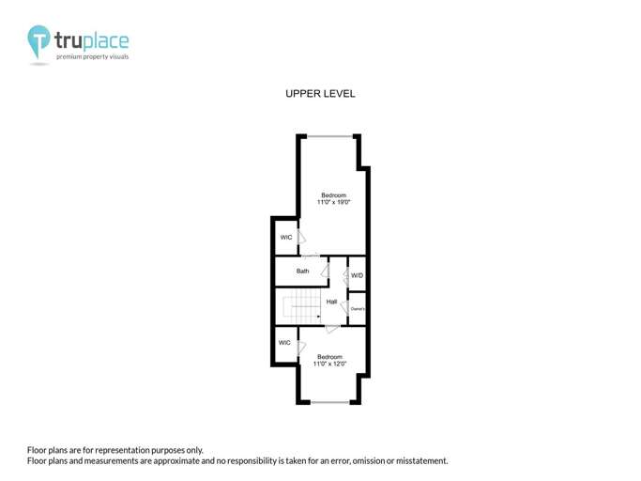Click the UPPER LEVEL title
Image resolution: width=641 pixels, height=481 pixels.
coord(320,94)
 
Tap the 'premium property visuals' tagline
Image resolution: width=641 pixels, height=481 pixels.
coord(92,56)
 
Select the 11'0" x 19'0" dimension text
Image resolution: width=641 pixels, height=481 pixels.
coord(333,202)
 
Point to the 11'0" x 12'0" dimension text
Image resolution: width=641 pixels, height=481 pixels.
coord(329,364)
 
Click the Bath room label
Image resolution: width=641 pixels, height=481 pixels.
coord(302,272)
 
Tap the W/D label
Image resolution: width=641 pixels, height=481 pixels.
coord(357,275)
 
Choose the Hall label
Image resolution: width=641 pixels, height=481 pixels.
coord(331,302)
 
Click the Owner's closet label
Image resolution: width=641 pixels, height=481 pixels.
coord(357,308)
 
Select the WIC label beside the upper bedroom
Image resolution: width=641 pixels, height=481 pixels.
coord(285,238)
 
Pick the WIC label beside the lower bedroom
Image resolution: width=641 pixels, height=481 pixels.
coord(284,343)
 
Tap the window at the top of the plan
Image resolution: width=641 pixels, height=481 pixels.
coord(329,136)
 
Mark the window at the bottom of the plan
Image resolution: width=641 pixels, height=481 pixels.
coord(329,402)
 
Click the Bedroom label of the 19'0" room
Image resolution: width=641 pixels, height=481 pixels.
coord(333,195)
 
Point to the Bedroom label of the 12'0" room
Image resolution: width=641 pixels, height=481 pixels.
coord(329,357)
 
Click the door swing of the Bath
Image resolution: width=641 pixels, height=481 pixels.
coord(325,271)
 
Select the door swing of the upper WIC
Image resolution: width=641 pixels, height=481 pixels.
coord(301,238)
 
